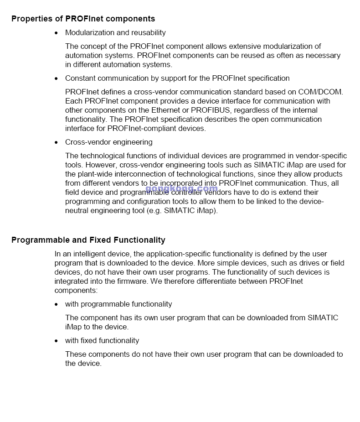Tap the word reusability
(148, 32)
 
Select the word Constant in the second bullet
(79, 78)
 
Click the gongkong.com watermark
(181, 188)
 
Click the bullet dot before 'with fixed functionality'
(56, 341)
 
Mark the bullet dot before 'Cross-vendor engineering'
(56, 142)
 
